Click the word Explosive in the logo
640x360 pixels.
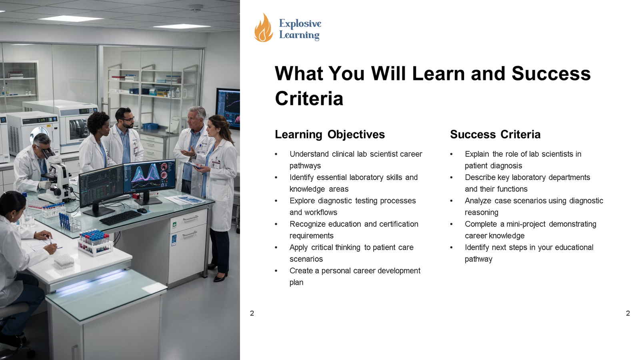300,24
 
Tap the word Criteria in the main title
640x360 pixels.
309,98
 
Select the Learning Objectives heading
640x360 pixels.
330,134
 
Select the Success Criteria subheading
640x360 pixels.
495,134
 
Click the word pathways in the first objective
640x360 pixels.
305,166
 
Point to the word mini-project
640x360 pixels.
526,224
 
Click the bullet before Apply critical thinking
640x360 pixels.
276,248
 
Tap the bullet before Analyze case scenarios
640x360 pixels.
451,201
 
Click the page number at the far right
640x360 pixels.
628,313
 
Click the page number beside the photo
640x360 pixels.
252,313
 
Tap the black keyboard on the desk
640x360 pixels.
120,218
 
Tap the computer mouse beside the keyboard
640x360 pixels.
142,210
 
